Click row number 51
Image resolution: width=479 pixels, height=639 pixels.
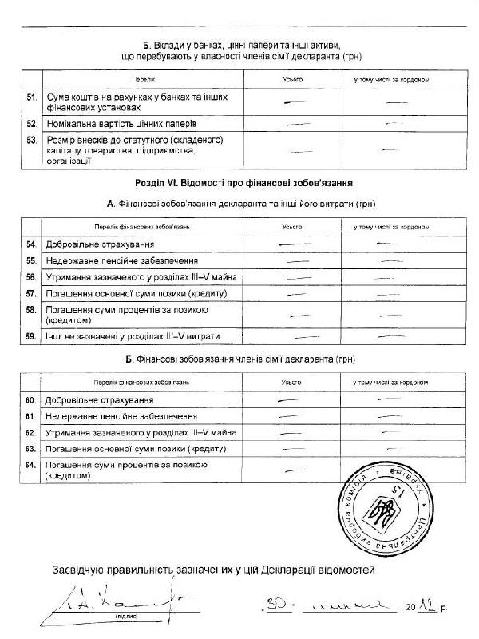tap(32, 97)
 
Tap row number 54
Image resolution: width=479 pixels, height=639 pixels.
tap(32, 244)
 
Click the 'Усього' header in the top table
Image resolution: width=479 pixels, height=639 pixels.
tap(293, 80)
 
